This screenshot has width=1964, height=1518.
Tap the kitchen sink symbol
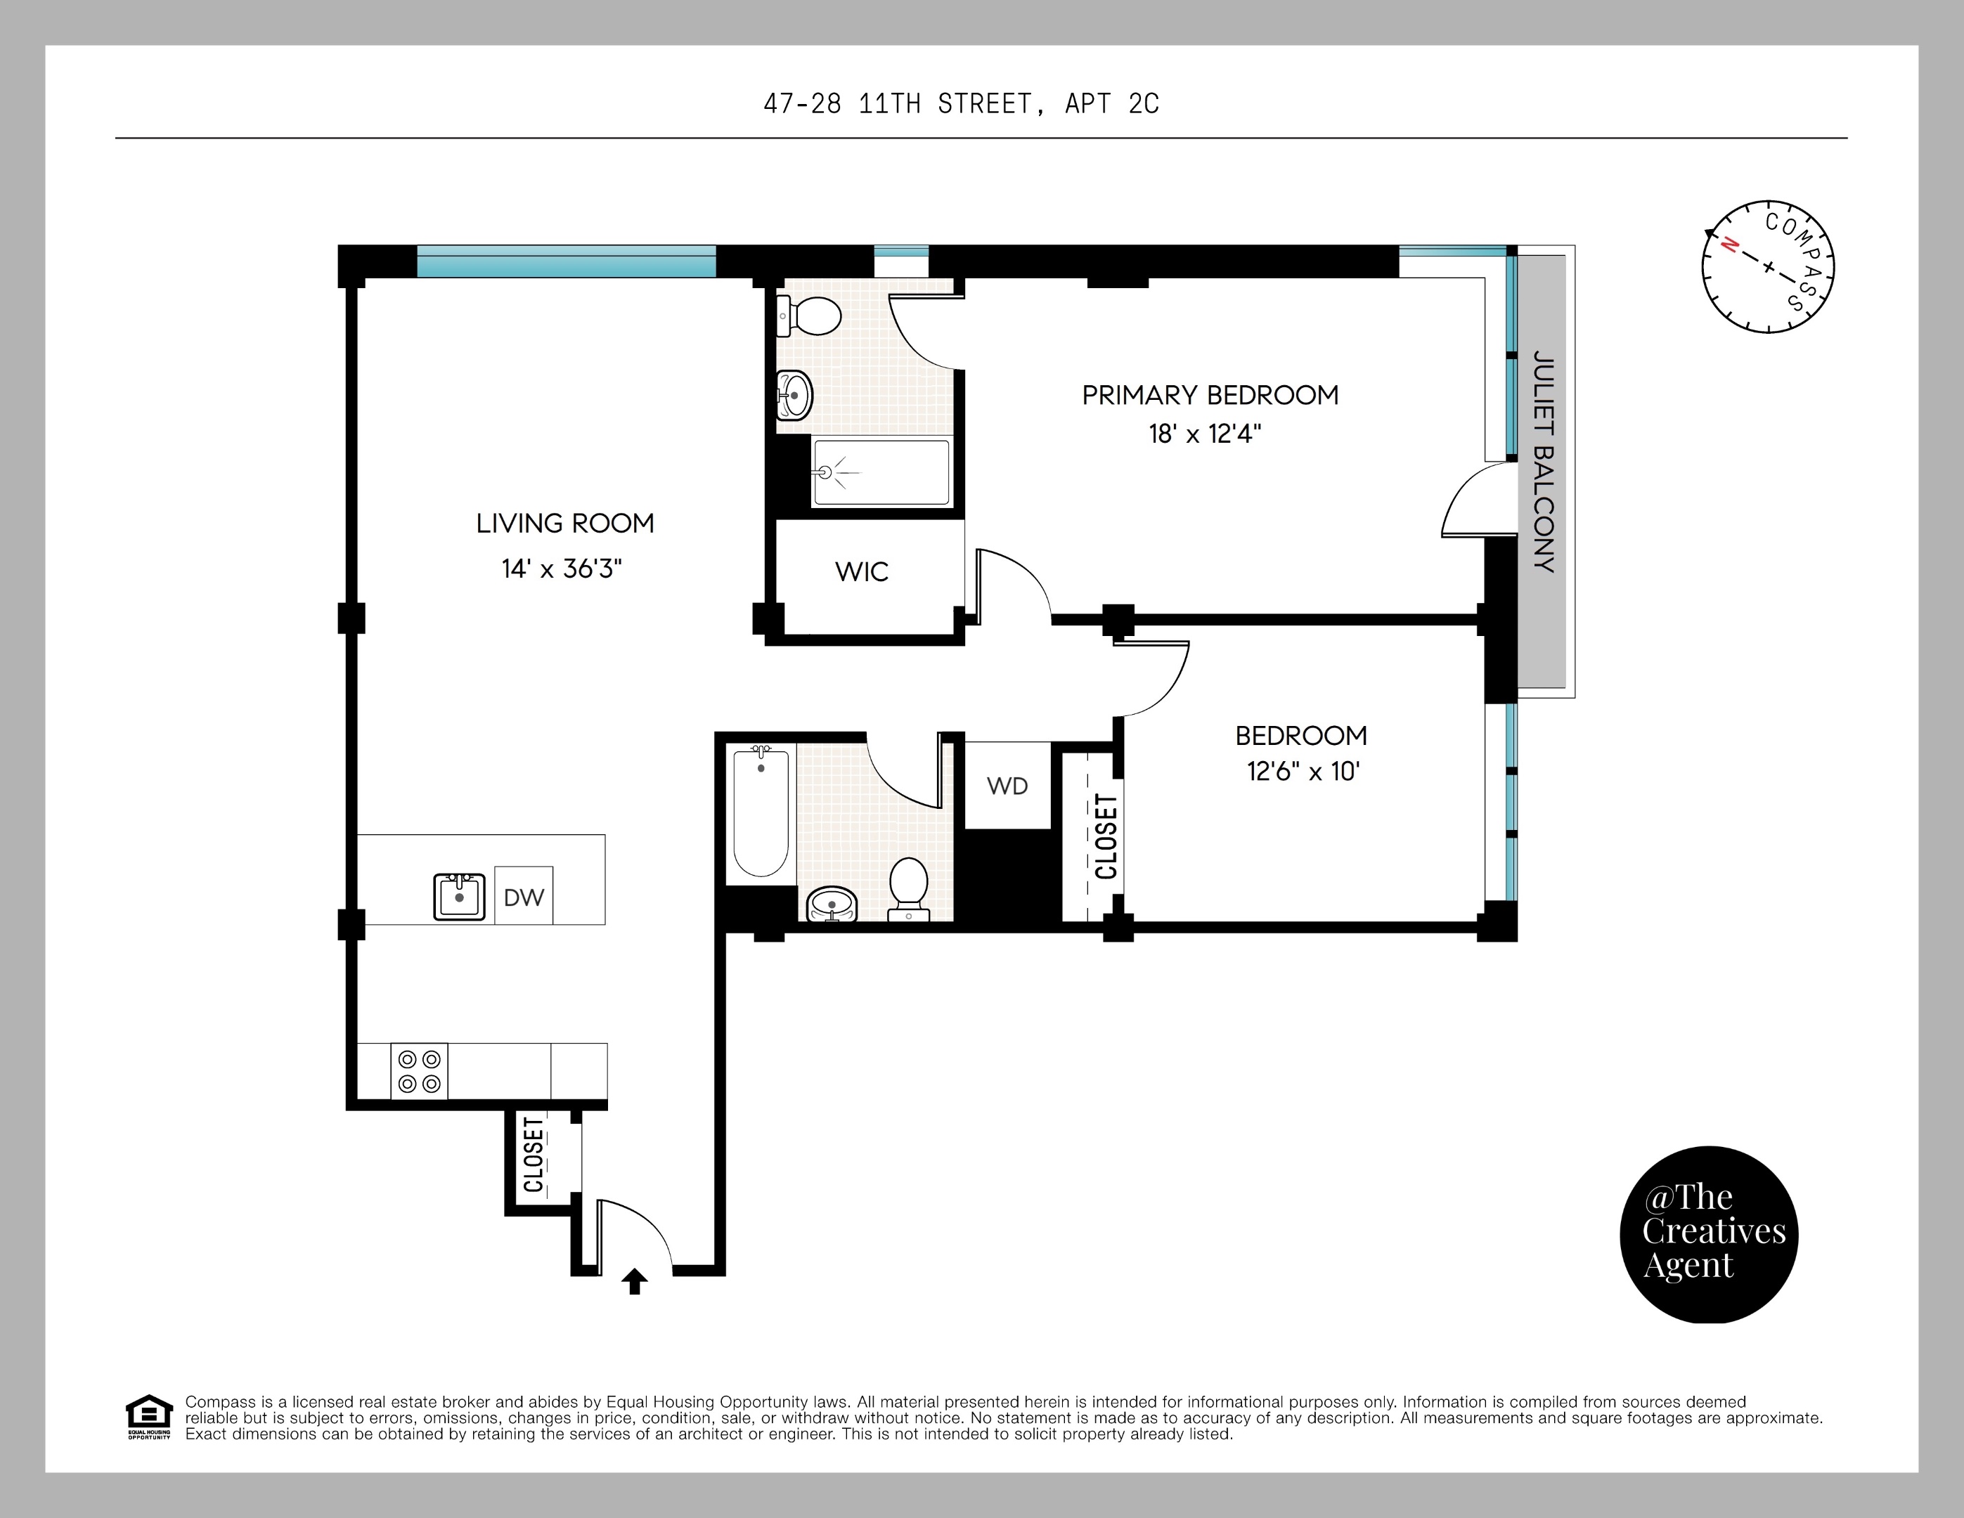(460, 896)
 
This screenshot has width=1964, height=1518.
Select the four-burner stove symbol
(419, 1071)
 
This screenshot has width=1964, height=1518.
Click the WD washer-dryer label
(1007, 786)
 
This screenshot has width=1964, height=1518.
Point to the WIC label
(862, 571)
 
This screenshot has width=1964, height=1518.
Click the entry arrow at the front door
(635, 1280)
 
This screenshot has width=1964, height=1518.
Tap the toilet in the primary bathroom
(808, 316)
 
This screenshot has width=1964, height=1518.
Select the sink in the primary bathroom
(794, 396)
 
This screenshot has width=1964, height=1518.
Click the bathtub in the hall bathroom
(762, 812)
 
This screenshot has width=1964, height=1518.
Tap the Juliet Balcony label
(1543, 461)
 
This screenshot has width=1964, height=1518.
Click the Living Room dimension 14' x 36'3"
(562, 569)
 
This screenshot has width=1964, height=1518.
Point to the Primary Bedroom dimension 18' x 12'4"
(1205, 434)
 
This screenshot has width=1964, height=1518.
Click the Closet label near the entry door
(534, 1155)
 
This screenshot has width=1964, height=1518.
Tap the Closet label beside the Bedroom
(1106, 837)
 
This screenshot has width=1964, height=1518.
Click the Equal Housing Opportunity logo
(148, 1418)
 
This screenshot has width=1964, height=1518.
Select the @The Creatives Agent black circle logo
(1709, 1235)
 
